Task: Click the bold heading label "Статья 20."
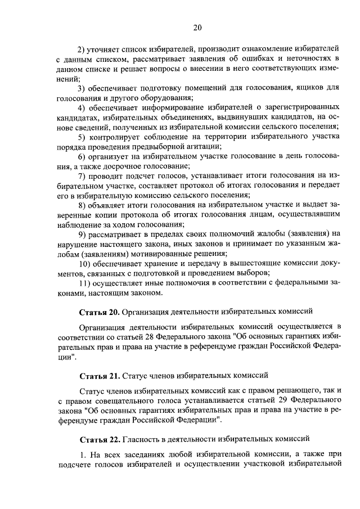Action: pos(98,310)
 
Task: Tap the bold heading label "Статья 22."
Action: pos(98,438)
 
